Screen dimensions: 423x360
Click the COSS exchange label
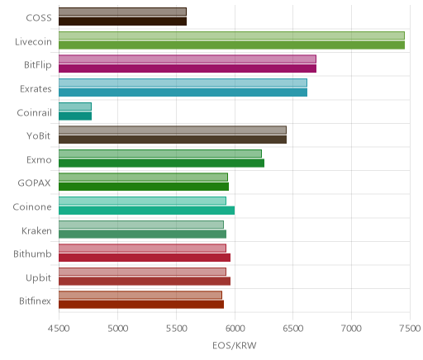point(39,18)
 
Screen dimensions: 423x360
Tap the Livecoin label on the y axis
point(33,41)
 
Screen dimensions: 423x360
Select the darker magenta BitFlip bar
point(188,69)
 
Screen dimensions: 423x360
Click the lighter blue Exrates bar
point(183,83)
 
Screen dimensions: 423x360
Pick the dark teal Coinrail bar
point(75,116)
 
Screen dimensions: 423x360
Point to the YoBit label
point(39,136)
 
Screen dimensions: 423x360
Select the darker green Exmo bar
point(162,163)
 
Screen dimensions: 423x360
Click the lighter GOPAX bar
point(143,178)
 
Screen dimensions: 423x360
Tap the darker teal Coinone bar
point(147,211)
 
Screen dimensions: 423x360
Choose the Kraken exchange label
point(36,230)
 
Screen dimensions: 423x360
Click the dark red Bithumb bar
point(145,258)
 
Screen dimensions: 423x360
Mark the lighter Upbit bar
point(142,272)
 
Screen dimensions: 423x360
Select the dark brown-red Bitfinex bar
point(141,305)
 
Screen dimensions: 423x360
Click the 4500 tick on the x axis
point(59,329)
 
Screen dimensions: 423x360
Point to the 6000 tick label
point(235,329)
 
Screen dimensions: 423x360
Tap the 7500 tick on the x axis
point(411,329)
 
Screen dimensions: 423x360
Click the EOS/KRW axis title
point(235,346)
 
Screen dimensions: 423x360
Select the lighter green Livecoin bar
point(231,36)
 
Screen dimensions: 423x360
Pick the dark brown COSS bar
point(123,21)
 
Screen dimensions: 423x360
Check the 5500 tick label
point(176,329)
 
